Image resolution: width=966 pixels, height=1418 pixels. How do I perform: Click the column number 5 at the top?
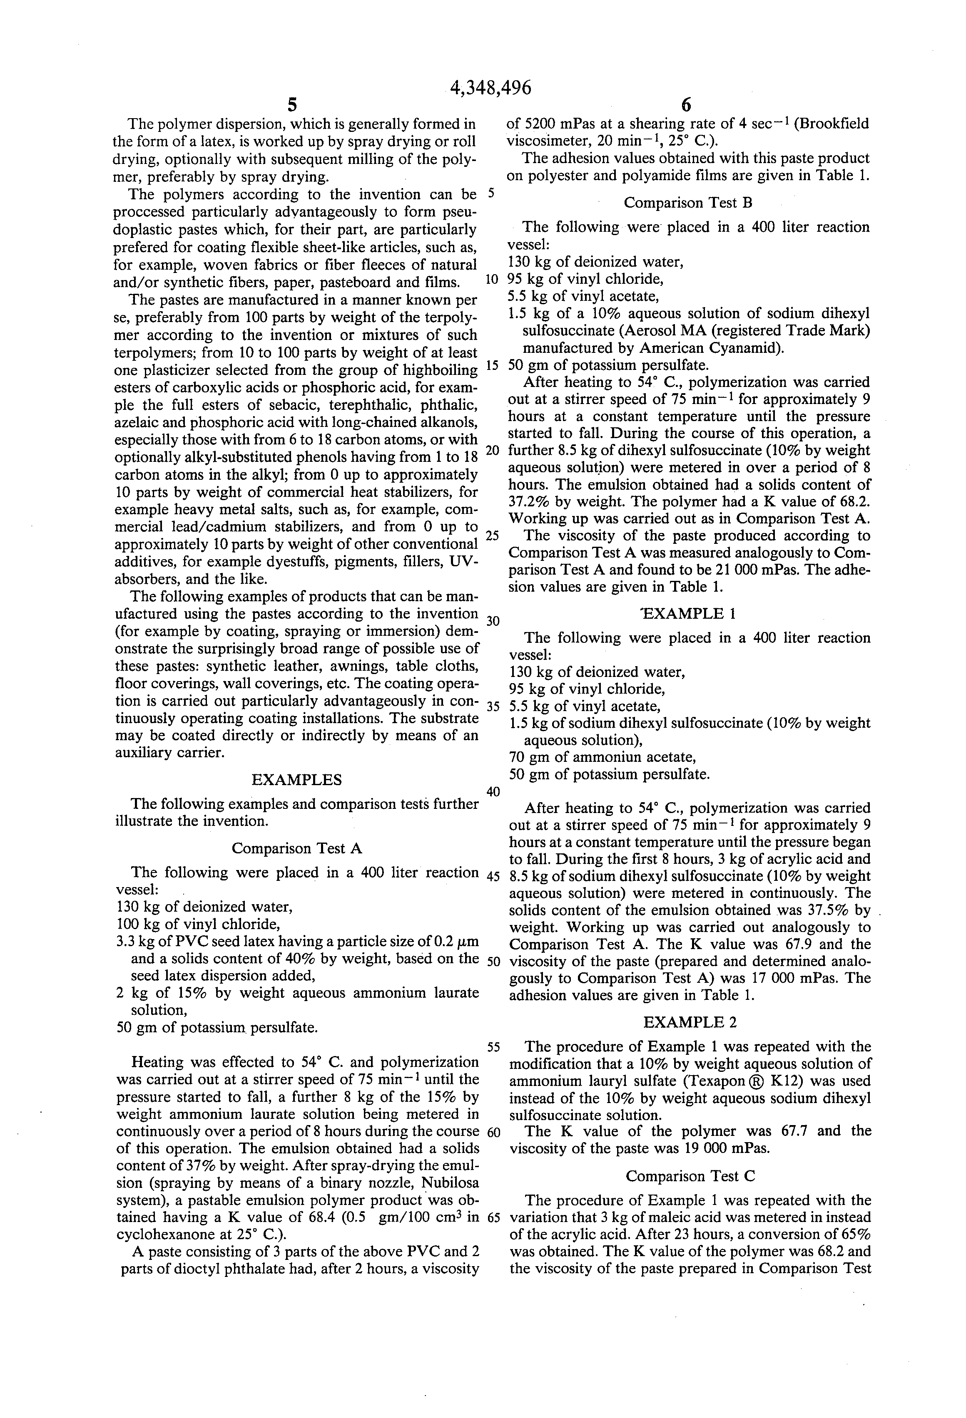(x=292, y=106)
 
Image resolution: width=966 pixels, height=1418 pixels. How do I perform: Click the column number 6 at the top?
(x=686, y=106)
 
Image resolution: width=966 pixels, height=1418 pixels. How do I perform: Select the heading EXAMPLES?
(x=297, y=780)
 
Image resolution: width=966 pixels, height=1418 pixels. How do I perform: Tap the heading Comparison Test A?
(x=297, y=848)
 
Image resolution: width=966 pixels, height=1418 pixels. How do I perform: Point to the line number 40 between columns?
(x=493, y=792)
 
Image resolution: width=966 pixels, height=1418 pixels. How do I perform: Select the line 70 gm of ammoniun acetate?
(x=602, y=757)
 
